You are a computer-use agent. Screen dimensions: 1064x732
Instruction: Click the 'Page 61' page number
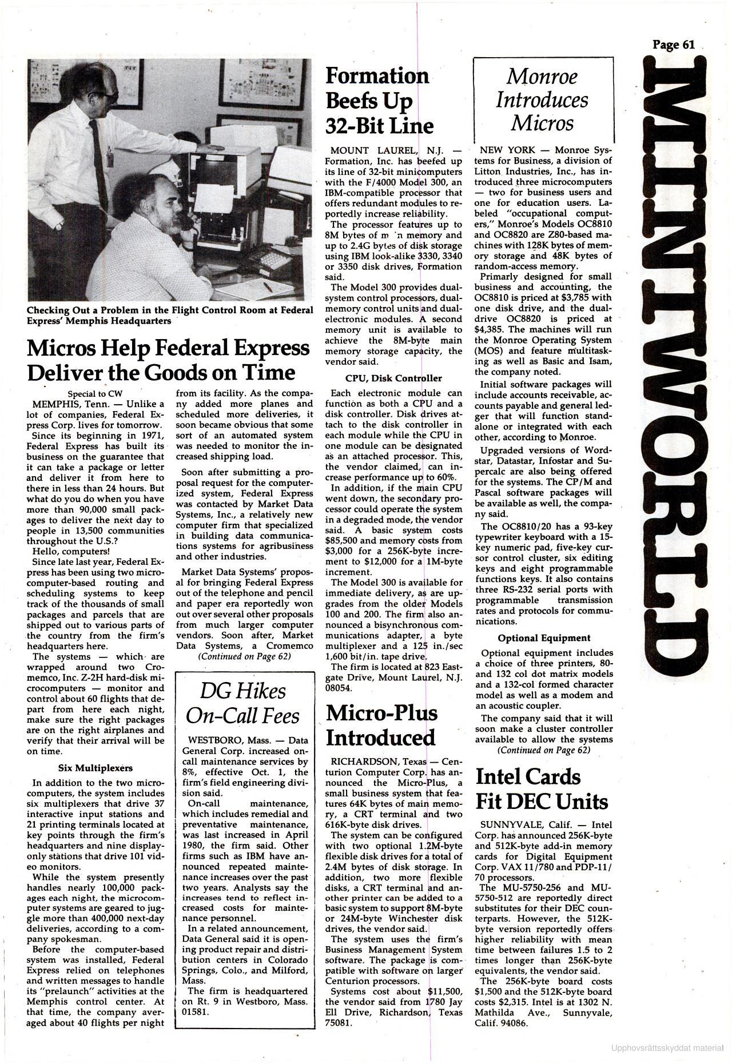point(674,45)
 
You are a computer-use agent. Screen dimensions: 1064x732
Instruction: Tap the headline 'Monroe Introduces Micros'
point(542,99)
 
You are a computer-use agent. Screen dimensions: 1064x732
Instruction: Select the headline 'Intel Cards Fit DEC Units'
point(541,789)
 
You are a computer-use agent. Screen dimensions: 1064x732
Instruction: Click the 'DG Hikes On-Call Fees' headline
point(242,703)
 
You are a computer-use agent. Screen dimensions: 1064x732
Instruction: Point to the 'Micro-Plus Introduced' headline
point(381,725)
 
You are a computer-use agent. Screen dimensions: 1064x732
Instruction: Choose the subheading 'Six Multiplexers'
point(96,768)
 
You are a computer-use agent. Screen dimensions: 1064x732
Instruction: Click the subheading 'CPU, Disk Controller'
point(393,378)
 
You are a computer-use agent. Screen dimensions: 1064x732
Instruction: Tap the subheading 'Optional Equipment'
point(544,638)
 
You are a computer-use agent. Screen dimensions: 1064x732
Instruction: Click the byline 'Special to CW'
point(95,393)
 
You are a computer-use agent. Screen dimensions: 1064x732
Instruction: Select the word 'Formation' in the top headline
point(376,75)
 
